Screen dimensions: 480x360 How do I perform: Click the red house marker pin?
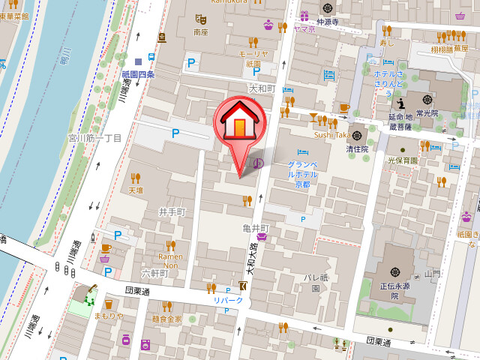(x=239, y=124)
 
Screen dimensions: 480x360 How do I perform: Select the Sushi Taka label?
(x=331, y=135)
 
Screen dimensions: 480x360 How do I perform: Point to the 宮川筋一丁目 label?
(x=94, y=138)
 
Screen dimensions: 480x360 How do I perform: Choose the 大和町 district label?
(x=262, y=88)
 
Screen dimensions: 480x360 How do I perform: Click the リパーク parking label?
(x=228, y=301)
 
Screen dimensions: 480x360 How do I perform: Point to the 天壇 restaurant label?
(x=135, y=190)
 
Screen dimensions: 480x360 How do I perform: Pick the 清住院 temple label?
(x=358, y=148)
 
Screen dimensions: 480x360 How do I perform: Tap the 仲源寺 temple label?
(x=328, y=22)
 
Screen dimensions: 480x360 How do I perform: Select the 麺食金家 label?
(x=166, y=319)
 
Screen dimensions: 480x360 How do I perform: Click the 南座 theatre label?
(x=199, y=32)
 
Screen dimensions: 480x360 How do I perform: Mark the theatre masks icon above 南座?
(x=199, y=19)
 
